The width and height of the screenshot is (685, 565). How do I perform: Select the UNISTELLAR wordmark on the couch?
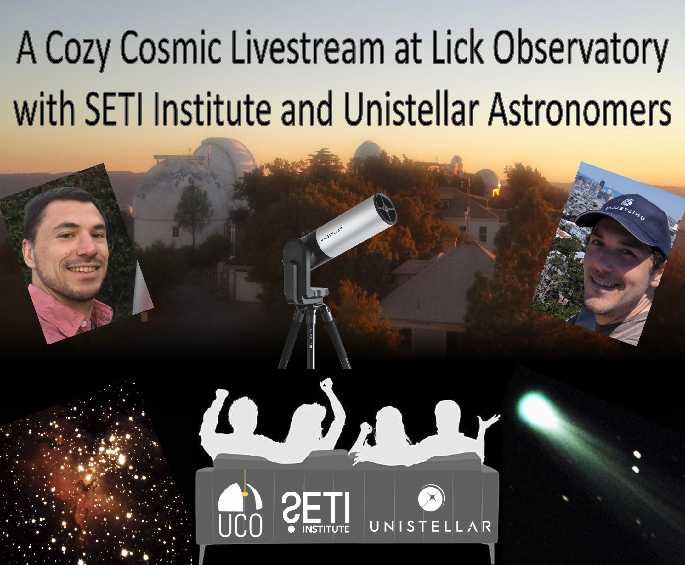pyautogui.click(x=431, y=526)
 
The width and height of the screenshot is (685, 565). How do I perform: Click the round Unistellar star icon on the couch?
pyautogui.click(x=431, y=498)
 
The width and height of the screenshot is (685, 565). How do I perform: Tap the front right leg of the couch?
pyautogui.click(x=491, y=553)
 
